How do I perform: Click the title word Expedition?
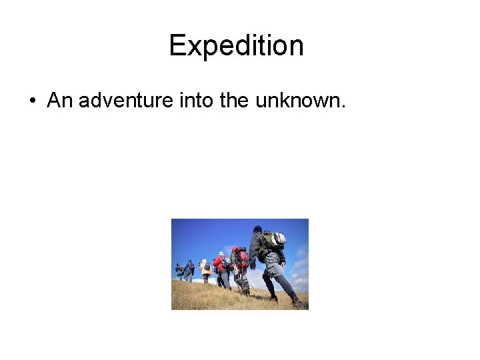coord(236,45)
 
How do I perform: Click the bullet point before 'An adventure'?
coord(32,101)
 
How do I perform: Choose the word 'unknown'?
coord(301,101)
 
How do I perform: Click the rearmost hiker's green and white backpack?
coord(274,239)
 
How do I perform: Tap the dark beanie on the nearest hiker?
coord(257,229)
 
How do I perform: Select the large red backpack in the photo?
coord(240,257)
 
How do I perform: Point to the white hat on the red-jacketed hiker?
coord(221,254)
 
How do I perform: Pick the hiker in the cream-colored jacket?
coord(205,269)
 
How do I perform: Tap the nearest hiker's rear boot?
coord(296,302)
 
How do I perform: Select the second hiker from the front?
coord(189,269)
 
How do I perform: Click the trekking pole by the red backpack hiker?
coord(250,284)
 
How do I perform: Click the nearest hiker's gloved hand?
coord(253,265)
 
